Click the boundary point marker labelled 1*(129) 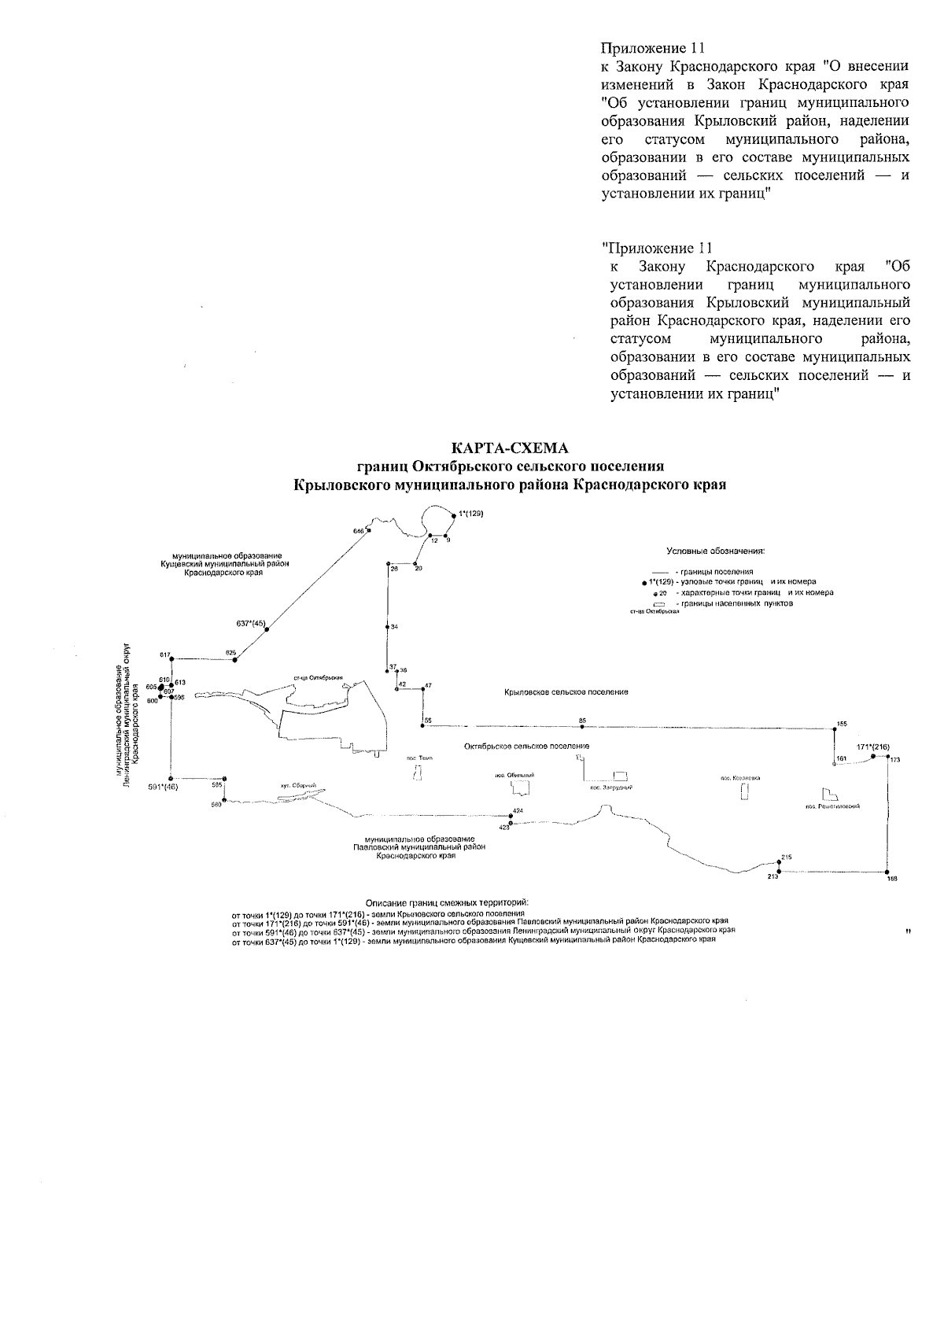click(x=455, y=514)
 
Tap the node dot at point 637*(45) click(x=267, y=628)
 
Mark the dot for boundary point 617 click(x=171, y=658)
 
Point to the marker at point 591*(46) click(x=171, y=778)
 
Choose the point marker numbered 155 click(x=834, y=728)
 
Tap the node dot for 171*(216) click(x=872, y=757)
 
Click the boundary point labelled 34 click(x=388, y=627)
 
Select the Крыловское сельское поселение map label click(x=566, y=692)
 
